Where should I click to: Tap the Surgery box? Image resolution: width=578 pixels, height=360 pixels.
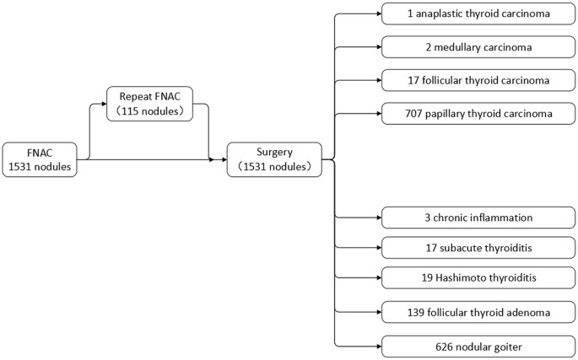coord(273,159)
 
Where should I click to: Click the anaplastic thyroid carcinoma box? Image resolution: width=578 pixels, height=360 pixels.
coord(478,13)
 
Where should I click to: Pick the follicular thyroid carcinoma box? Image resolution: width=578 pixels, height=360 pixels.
coord(478,80)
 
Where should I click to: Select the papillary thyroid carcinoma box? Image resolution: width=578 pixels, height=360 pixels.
coord(478,113)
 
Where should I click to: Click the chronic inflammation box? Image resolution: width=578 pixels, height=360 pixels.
coord(478,217)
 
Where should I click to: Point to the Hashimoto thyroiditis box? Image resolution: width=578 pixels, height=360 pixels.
coord(478,278)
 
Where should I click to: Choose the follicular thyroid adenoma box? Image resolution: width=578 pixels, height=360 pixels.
coord(478,312)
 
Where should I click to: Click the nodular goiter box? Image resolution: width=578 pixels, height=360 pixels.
coord(478,346)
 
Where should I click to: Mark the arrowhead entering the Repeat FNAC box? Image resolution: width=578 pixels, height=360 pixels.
coord(104,103)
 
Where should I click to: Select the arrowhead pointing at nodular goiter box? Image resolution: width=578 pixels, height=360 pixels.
coord(378,346)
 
